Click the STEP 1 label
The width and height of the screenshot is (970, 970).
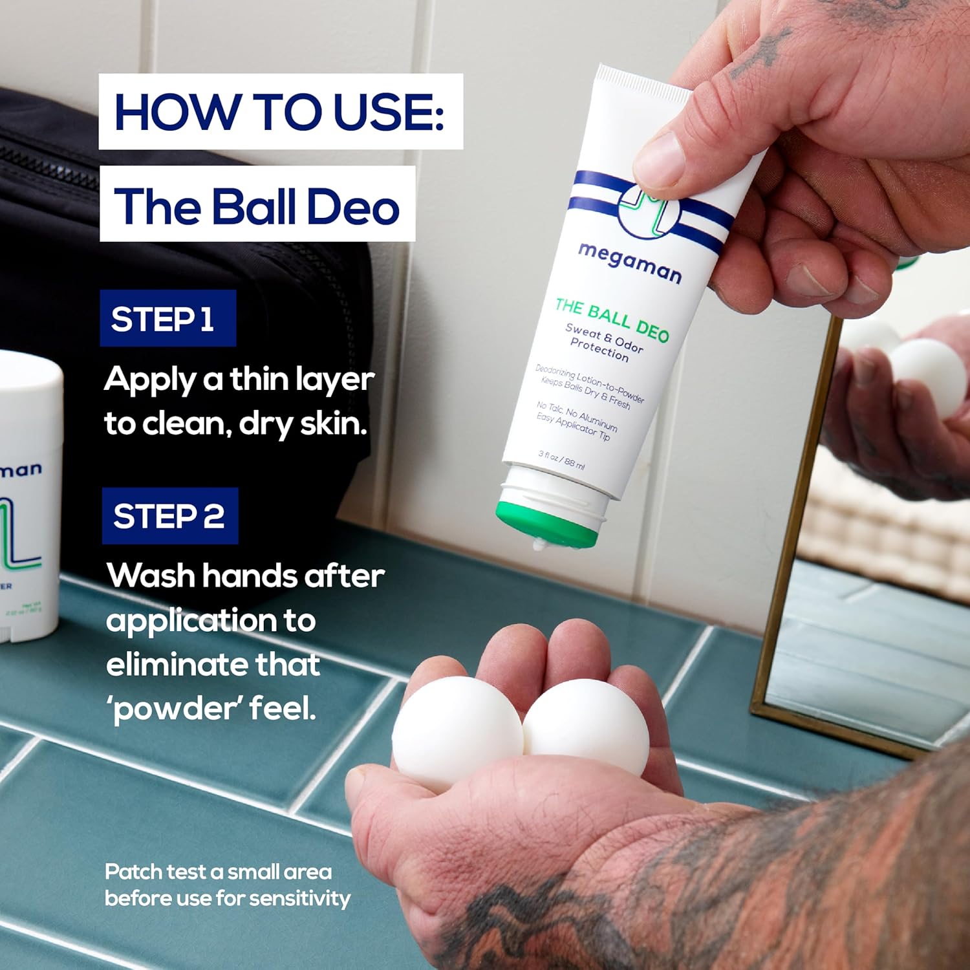point(167,319)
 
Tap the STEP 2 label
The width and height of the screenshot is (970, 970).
point(169,516)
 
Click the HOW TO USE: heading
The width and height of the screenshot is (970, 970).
point(280,112)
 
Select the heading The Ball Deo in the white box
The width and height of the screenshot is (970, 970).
point(257,206)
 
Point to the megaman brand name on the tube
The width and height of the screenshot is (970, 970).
point(629,263)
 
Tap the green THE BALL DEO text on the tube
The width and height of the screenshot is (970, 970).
point(612,319)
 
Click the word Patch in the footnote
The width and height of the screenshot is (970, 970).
point(134,872)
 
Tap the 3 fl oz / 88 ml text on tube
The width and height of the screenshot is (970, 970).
point(561,459)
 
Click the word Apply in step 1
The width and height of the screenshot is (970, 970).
point(149,380)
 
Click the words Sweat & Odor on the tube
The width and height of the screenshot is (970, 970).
point(604,337)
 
